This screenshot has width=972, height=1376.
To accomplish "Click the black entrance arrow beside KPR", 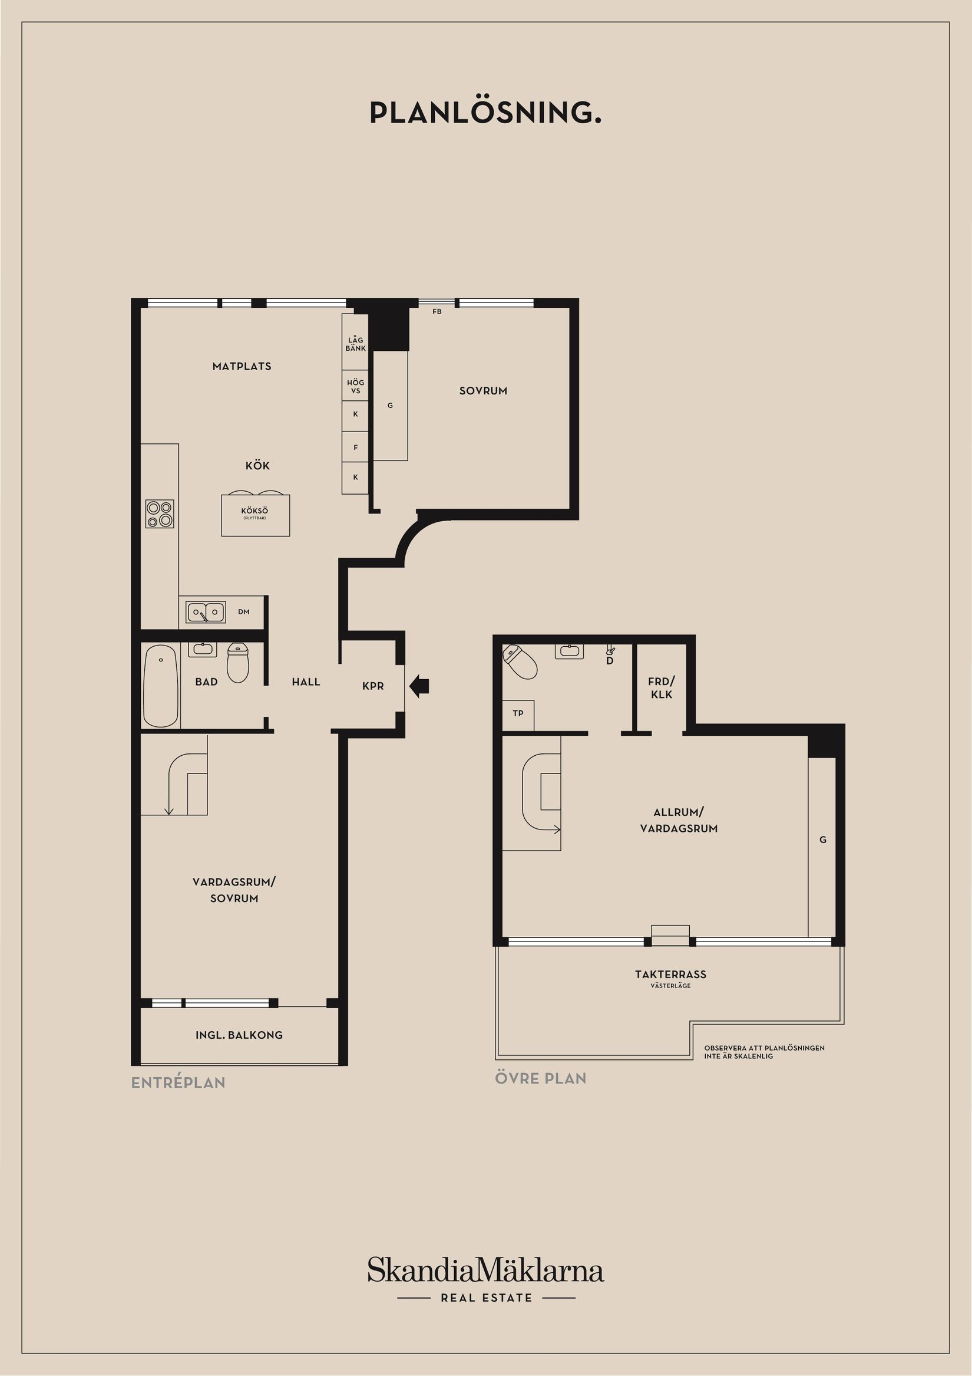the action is pos(419,686).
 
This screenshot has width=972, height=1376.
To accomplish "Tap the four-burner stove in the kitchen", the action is pos(160,513).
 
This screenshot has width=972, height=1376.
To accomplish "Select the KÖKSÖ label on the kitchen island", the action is pos(255,511).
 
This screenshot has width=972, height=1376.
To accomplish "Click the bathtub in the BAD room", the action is pos(161,686).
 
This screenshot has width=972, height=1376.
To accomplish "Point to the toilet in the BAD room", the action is pos(238,662).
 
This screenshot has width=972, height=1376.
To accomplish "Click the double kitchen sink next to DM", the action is pos(206,612).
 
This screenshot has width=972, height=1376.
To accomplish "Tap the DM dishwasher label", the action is pos(244,612).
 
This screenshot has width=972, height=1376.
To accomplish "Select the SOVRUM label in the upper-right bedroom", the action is pos(483,391).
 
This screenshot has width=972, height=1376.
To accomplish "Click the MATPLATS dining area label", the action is pos(242,366).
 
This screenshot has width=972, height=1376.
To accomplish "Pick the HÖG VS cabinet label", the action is pos(356,387).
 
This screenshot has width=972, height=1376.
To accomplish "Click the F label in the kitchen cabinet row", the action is pos(356,447).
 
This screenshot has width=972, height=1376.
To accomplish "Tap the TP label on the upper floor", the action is pos(518,713).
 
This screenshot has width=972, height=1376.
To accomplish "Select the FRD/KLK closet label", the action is pos(661,688).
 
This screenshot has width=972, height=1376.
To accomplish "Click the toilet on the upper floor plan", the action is pos(520,661).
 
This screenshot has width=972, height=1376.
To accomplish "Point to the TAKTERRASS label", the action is pos(671,975).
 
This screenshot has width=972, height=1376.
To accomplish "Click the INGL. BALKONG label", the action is pos(239,1035).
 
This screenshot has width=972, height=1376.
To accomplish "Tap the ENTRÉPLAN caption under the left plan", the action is pos(178,1082).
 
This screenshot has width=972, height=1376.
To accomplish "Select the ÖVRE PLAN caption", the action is pos(541,1078).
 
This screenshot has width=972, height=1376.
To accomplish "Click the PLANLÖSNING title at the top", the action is pos(485,112).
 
